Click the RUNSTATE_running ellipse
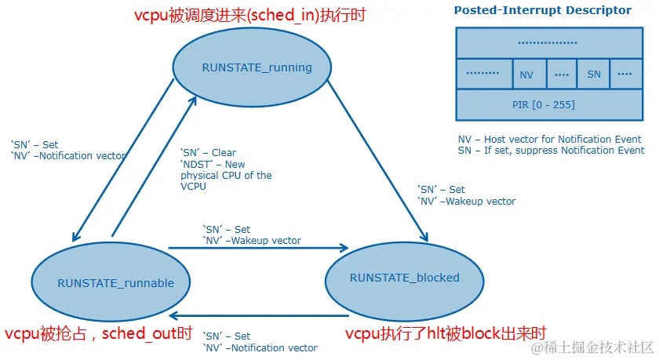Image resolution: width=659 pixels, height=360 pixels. (x=257, y=67)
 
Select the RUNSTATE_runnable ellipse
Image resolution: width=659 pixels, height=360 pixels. (x=115, y=282)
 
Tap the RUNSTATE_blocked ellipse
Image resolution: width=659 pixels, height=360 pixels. (x=404, y=278)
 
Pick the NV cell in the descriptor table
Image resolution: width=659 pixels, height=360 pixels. (x=526, y=75)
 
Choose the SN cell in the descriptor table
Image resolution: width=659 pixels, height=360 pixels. (x=593, y=75)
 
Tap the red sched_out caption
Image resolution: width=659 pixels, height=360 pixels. (x=99, y=333)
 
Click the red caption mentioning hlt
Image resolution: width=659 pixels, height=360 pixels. (x=446, y=333)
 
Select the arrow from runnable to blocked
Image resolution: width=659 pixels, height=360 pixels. (x=259, y=249)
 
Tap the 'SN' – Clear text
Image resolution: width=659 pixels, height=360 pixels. (x=208, y=153)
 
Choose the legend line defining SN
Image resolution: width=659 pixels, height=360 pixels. (x=551, y=151)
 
